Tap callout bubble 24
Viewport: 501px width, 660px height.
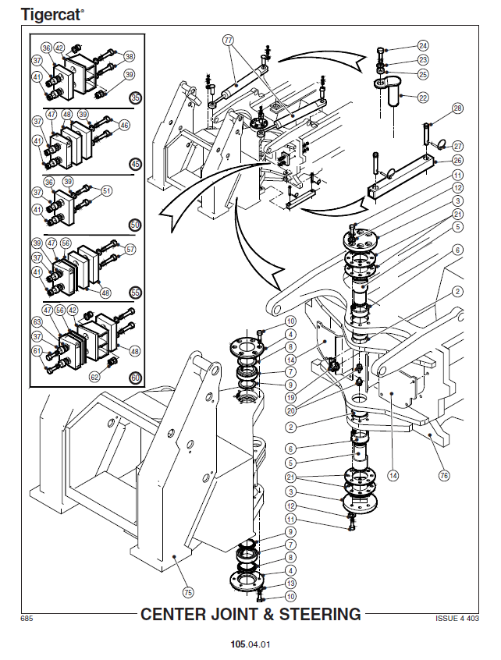[x=423, y=45]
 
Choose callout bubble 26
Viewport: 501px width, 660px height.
[x=457, y=161]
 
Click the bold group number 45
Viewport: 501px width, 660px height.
[x=136, y=164]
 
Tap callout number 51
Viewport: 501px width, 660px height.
[x=107, y=190]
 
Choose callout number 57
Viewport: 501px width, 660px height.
[x=130, y=250]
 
